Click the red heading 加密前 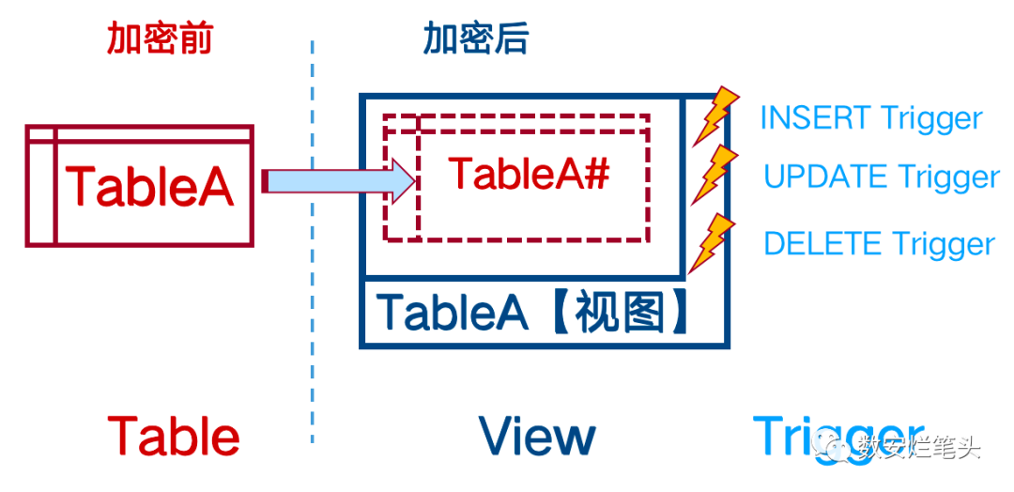click(x=160, y=39)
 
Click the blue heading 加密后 click(x=475, y=39)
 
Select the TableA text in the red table click(x=148, y=186)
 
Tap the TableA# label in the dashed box click(x=530, y=173)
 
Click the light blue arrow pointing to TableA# click(x=338, y=180)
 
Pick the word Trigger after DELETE click(x=943, y=244)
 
